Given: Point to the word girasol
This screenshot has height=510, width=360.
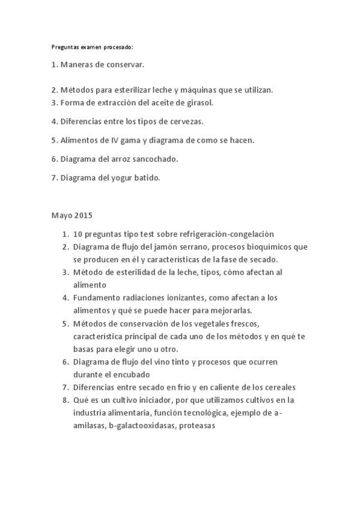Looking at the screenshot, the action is click(200, 103).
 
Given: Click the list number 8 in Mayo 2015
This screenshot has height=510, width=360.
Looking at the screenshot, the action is click(64, 399).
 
